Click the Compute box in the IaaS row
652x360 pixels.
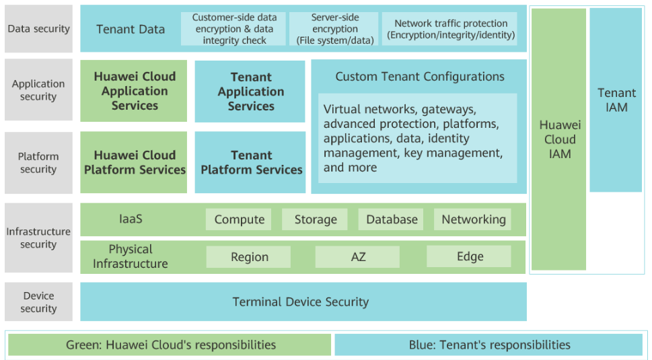click(x=238, y=219)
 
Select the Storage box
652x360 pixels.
click(x=315, y=219)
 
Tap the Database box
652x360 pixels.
click(x=391, y=219)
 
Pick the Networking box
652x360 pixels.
click(x=473, y=219)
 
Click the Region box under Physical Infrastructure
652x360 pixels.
click(x=249, y=257)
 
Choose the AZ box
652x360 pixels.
click(x=357, y=257)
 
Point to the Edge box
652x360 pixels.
click(x=469, y=256)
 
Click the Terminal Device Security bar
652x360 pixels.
click(x=303, y=302)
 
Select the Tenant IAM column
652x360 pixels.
click(x=616, y=100)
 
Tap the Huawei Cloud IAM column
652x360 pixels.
click(x=559, y=139)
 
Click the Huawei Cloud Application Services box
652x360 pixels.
click(x=134, y=91)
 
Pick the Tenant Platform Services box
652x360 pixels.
click(x=250, y=163)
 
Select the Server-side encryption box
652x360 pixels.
click(x=334, y=29)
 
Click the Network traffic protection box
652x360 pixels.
click(x=449, y=29)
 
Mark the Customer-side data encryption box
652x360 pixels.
click(x=233, y=29)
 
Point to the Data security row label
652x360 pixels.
click(x=38, y=29)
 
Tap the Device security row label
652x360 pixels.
click(x=38, y=302)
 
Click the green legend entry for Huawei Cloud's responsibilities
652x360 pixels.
click(x=170, y=345)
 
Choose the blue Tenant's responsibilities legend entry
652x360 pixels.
click(x=488, y=345)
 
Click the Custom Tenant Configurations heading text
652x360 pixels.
click(x=420, y=77)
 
